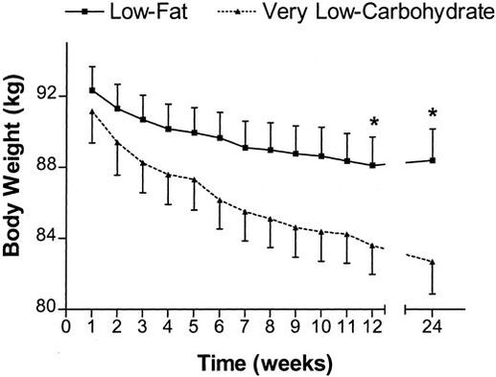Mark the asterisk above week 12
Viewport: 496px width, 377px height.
tap(373, 122)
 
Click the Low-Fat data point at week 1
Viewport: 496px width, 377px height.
tap(92, 90)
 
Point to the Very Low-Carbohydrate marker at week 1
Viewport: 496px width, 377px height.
tap(92, 111)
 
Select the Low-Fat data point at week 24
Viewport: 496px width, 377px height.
tap(433, 160)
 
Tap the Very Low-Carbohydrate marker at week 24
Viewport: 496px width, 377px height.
tap(433, 262)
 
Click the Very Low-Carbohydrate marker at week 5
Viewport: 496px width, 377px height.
tap(195, 179)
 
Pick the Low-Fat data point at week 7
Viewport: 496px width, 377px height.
tap(246, 148)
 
